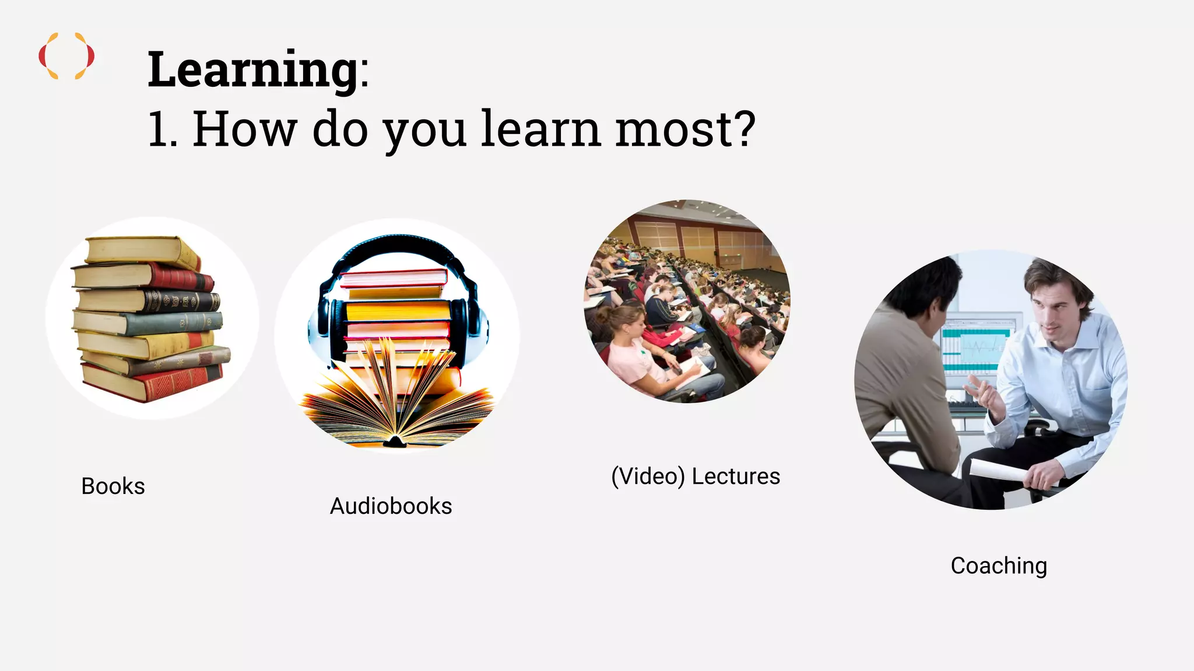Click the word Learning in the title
(252, 70)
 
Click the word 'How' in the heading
(244, 129)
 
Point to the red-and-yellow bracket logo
(66, 56)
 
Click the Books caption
(113, 486)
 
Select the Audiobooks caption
(391, 506)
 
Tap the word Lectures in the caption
(736, 476)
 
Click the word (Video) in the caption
(648, 476)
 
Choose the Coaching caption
(999, 566)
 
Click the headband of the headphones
(396, 243)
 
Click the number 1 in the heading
(160, 129)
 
